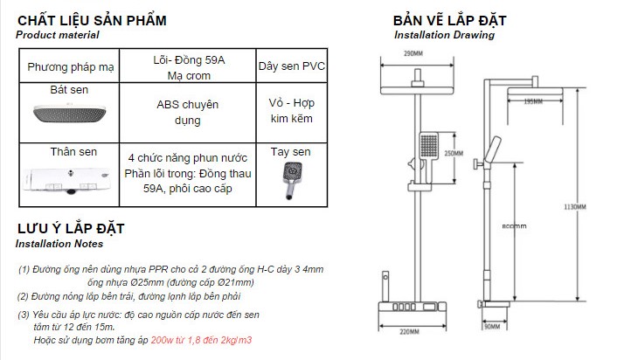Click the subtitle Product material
[x=58, y=35]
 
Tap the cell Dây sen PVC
[x=289, y=67]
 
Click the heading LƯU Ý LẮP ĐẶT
[x=70, y=229]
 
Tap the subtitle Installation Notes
[x=59, y=244]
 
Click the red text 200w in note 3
[x=163, y=338]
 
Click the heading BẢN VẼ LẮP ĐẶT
[x=449, y=20]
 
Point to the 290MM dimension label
[x=414, y=54]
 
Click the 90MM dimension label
[x=493, y=327]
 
